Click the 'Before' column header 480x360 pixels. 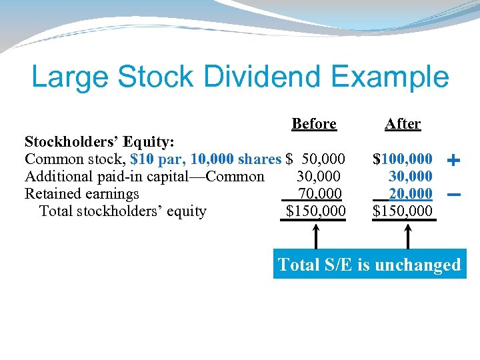pos(313,124)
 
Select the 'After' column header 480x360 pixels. pos(403,124)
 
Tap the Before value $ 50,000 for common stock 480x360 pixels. pos(315,159)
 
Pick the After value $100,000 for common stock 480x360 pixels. pos(403,159)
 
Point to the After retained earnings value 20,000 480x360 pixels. pos(410,194)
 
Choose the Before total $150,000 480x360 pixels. pos(315,211)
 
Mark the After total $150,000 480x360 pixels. pos(403,211)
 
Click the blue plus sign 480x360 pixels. pos(453,160)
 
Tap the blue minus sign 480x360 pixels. pos(453,195)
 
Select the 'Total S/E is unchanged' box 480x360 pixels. pos(369,265)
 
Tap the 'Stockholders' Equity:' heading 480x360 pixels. pos(100,142)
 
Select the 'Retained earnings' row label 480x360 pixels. pos(82,194)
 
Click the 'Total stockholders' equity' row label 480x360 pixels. pos(123,211)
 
